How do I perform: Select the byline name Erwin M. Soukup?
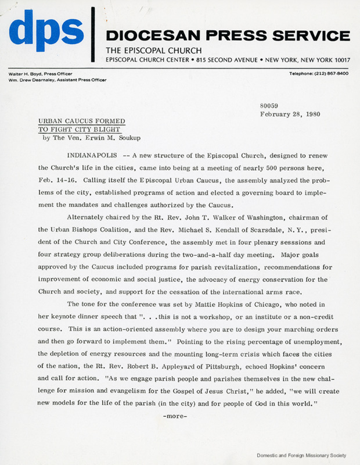(x=124, y=139)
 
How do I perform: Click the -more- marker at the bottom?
(x=176, y=416)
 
